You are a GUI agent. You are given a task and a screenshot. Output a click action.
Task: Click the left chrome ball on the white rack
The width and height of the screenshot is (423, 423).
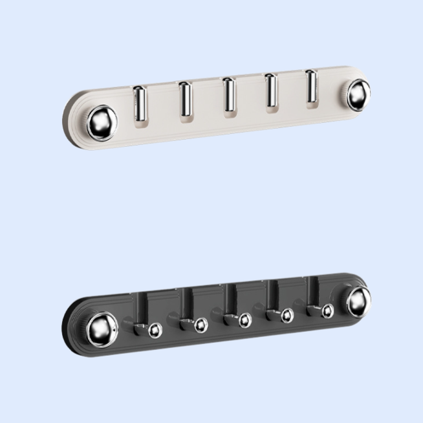[102, 120]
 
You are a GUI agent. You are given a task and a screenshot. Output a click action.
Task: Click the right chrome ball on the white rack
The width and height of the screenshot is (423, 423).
[358, 94]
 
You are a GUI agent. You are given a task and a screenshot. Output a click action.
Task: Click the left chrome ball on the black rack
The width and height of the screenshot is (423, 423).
[102, 329]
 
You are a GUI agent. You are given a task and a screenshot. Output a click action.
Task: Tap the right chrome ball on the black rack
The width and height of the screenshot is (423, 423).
[358, 301]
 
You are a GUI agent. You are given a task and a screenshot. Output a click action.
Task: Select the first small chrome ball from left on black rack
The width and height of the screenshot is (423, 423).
[155, 331]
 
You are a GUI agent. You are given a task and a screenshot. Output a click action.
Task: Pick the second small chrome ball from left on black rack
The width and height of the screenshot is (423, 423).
[201, 325]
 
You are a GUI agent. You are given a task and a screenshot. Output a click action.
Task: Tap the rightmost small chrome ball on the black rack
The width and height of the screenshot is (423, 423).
[328, 310]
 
